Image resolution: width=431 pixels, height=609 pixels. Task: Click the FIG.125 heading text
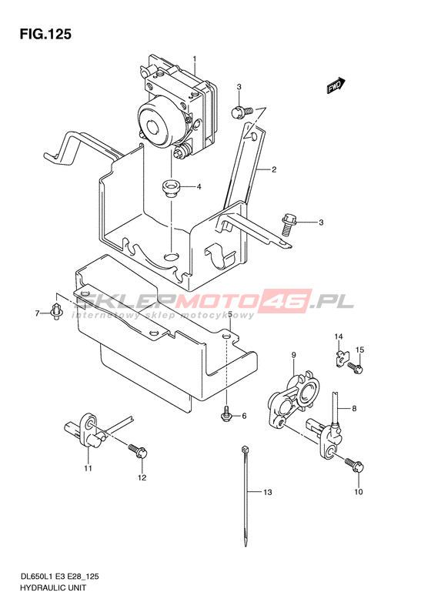coord(46,34)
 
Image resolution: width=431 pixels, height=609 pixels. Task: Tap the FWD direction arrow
coord(336,85)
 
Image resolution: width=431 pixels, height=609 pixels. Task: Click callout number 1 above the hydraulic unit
coord(195,59)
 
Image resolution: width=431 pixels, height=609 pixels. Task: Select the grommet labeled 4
coord(169,188)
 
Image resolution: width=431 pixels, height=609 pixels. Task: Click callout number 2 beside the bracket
coord(274,169)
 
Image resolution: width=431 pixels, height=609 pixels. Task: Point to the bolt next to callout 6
coord(226,415)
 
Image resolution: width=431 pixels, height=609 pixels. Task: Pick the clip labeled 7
coord(57,312)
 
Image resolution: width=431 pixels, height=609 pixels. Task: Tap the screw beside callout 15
coord(356,367)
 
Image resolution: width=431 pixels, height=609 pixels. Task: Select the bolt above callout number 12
coord(138,451)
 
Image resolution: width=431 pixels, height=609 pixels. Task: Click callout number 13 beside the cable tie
coord(268,493)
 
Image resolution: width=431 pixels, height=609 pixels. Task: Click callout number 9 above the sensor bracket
coord(293,355)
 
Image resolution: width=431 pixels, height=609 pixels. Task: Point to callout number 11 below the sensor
coord(89,468)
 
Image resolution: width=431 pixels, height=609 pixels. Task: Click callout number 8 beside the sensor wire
coord(354,408)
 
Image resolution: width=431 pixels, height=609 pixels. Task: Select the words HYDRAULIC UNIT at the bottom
coord(53,587)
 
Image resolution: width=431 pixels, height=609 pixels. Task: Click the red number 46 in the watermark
coord(288,301)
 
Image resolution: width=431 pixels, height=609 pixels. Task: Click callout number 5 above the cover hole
coord(230,314)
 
